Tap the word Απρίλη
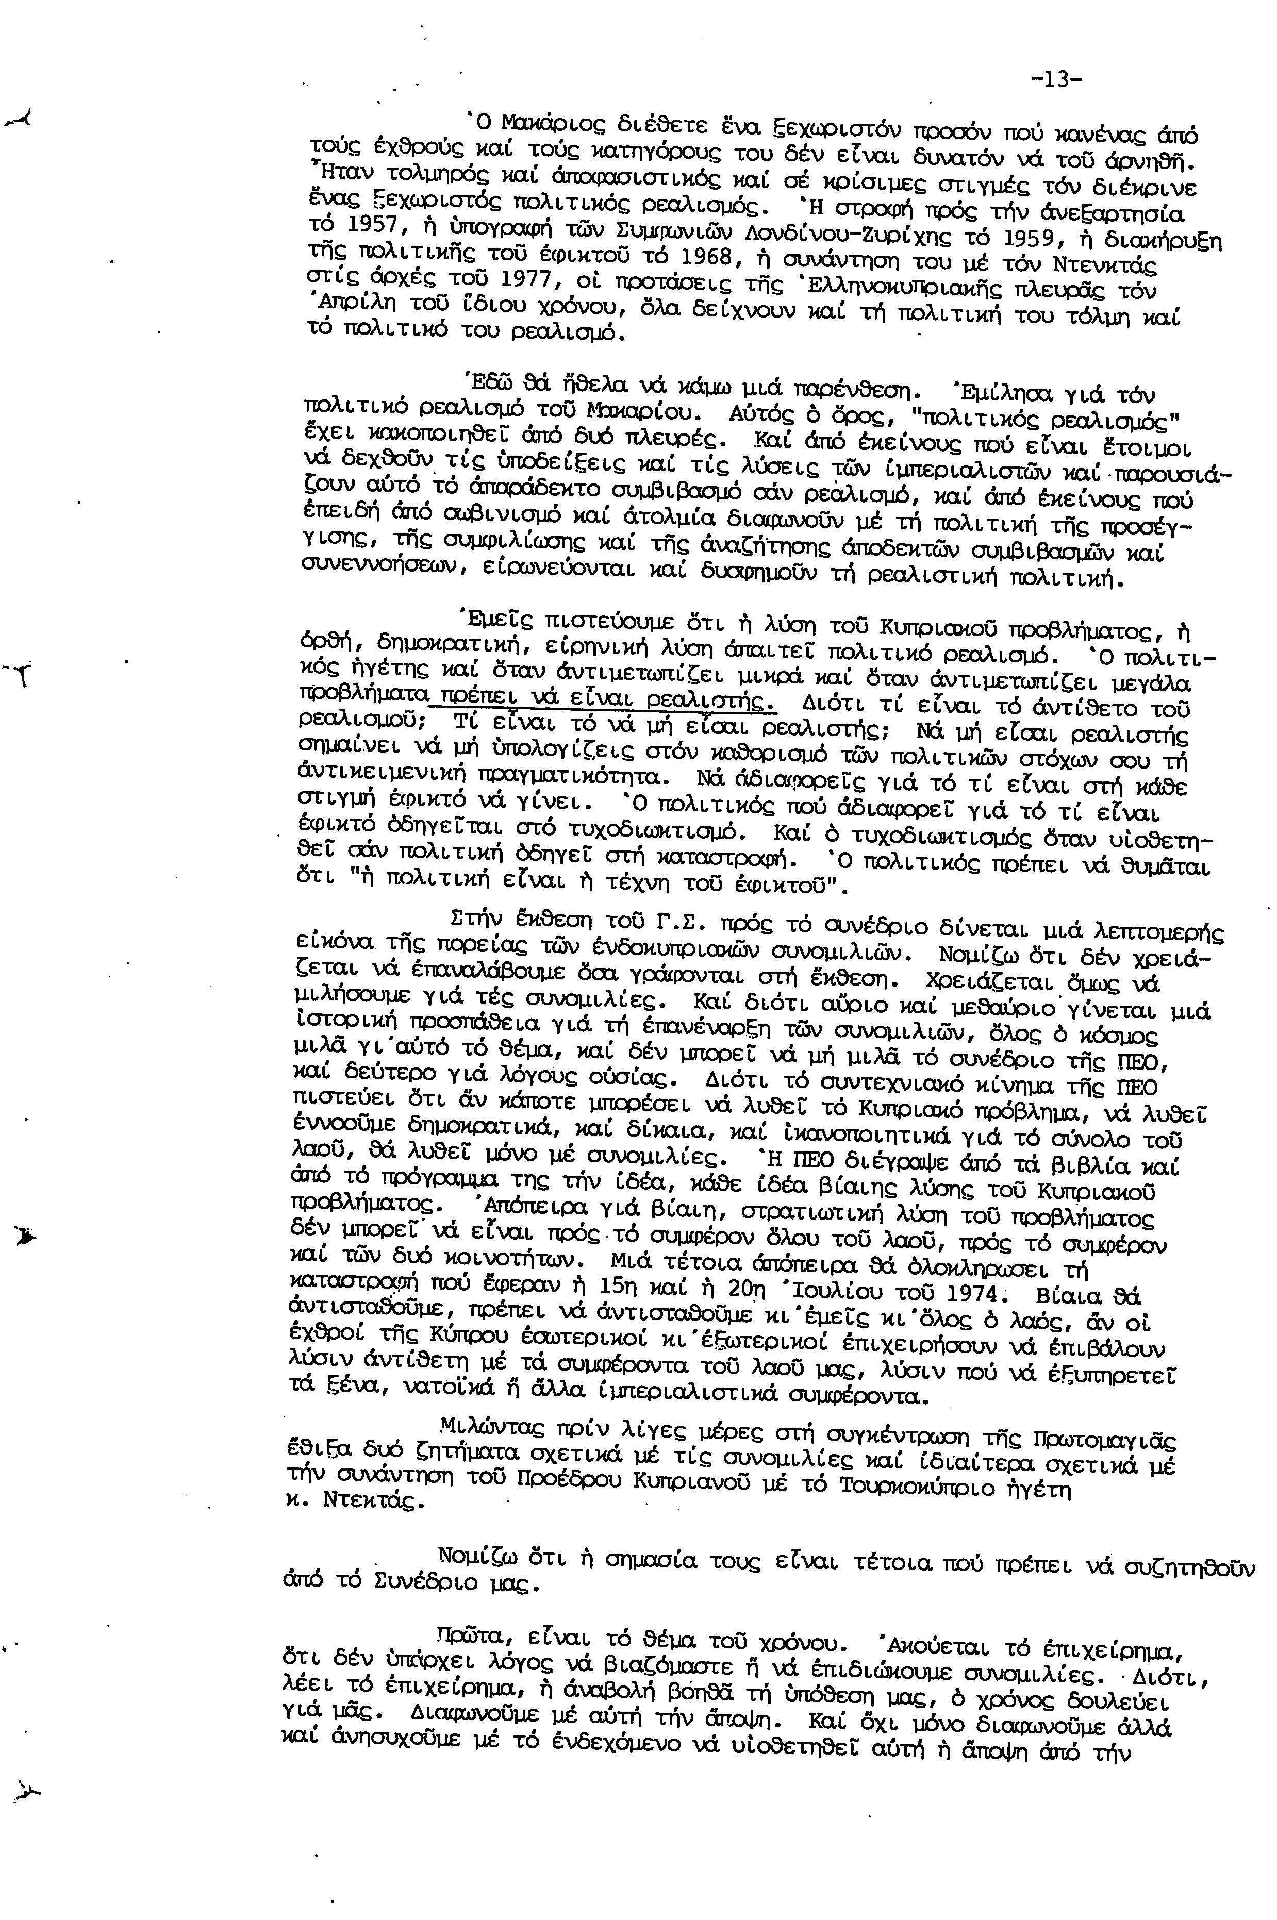pos(351,305)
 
